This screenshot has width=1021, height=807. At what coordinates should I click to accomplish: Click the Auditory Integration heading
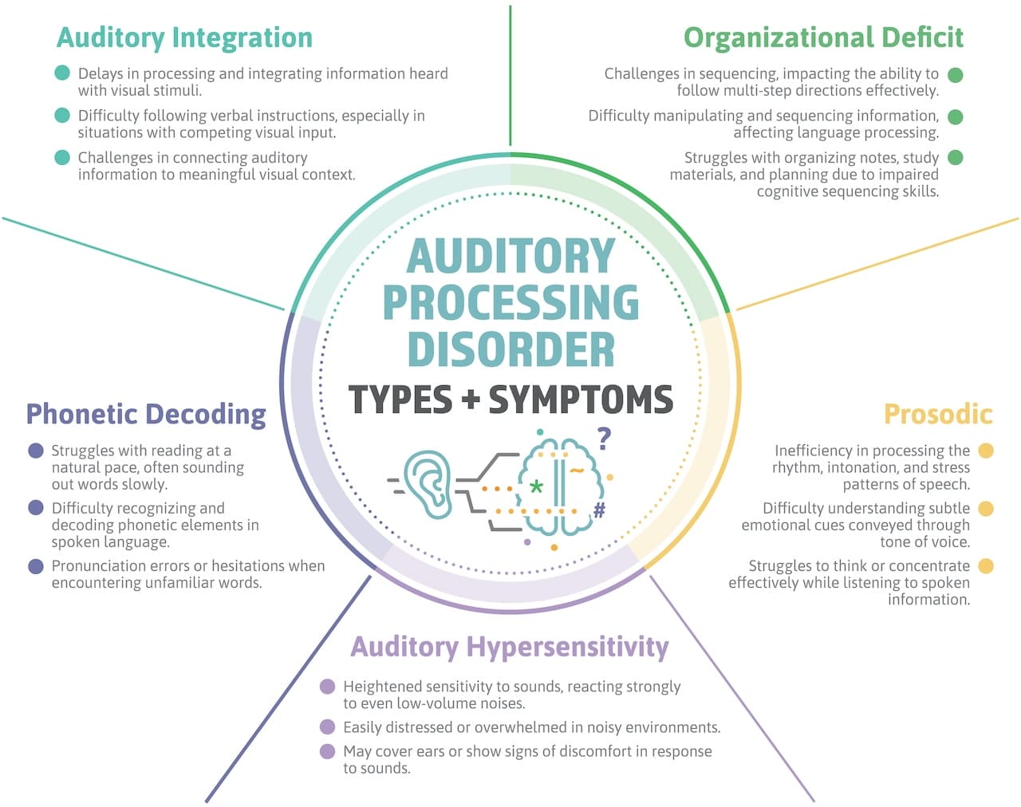(184, 37)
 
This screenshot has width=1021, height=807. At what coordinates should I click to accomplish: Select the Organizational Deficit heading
(822, 37)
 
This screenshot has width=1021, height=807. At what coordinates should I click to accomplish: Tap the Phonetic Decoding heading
(146, 414)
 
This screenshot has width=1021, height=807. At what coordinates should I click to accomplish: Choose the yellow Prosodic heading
(938, 414)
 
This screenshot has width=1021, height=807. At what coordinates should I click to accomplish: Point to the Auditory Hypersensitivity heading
(510, 647)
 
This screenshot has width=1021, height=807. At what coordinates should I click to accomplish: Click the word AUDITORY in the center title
(510, 256)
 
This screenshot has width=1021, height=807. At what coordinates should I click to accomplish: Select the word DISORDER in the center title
(510, 349)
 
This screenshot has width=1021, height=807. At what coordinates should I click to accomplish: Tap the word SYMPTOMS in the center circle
(581, 400)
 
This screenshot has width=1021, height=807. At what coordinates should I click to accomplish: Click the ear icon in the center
(427, 484)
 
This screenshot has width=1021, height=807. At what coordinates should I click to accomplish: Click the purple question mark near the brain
(604, 438)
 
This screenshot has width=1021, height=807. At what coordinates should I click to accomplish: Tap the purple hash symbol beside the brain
(599, 510)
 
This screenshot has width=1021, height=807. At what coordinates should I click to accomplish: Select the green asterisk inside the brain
(537, 486)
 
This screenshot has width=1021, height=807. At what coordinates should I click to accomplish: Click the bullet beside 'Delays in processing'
(62, 73)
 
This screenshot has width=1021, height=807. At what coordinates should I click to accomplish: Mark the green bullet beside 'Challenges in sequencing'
(955, 75)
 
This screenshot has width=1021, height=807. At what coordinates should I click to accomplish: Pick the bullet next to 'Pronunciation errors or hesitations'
(36, 566)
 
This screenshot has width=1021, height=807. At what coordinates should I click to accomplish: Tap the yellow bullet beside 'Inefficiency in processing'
(986, 451)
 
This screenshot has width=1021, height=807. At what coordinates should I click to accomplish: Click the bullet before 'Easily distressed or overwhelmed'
(327, 727)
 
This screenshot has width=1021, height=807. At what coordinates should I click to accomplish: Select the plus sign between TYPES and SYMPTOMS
(471, 400)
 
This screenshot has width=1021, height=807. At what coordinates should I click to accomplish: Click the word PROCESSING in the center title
(510, 302)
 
